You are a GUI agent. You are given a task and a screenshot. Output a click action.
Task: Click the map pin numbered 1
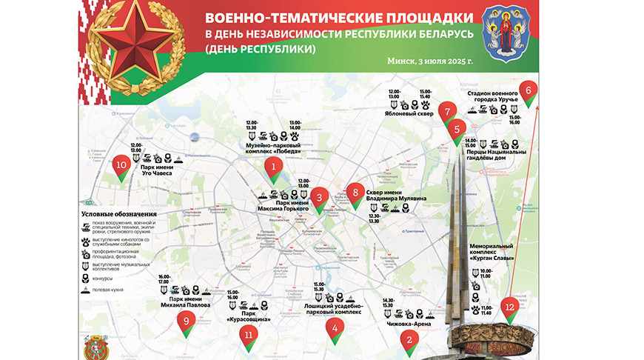(274, 168)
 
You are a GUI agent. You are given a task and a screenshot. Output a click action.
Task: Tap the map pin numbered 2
(408, 341)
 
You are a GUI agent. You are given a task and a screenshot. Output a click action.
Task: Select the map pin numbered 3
(319, 197)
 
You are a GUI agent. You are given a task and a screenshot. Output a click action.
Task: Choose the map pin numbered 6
(528, 91)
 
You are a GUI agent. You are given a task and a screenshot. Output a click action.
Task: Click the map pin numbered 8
(356, 193)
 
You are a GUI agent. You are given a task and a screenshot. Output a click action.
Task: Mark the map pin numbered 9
(187, 321)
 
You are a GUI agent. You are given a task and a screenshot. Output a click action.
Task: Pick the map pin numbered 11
(248, 335)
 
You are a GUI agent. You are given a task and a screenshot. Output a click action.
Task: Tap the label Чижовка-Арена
(409, 324)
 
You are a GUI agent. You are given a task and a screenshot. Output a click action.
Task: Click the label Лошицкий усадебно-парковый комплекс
(334, 309)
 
